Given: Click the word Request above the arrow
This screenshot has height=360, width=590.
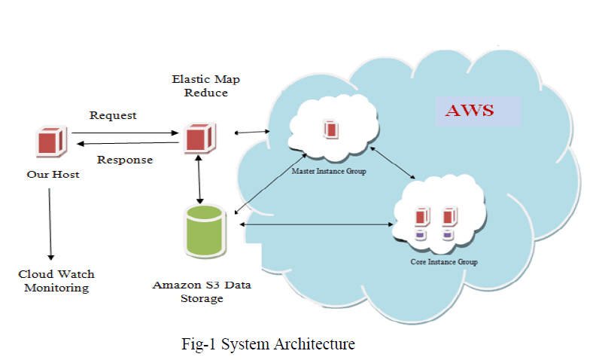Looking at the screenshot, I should coord(113,115).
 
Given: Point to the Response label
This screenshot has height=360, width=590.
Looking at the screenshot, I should coord(125,160).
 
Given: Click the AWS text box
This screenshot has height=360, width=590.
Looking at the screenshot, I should coord(470,111).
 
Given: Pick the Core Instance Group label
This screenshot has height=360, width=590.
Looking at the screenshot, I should coord(443,261).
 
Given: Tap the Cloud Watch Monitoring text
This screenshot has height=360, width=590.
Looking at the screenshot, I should coord(56,281).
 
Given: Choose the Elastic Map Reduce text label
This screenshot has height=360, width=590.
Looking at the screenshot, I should coord(199,85).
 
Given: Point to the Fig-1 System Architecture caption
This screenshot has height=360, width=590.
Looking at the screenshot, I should coord(268,344).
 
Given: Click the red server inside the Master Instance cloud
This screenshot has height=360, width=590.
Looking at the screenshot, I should coord(330,129).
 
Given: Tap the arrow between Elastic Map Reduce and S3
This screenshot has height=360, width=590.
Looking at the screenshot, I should coord(199,179).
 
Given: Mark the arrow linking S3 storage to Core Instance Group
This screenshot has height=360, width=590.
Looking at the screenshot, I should coord(316,224).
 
